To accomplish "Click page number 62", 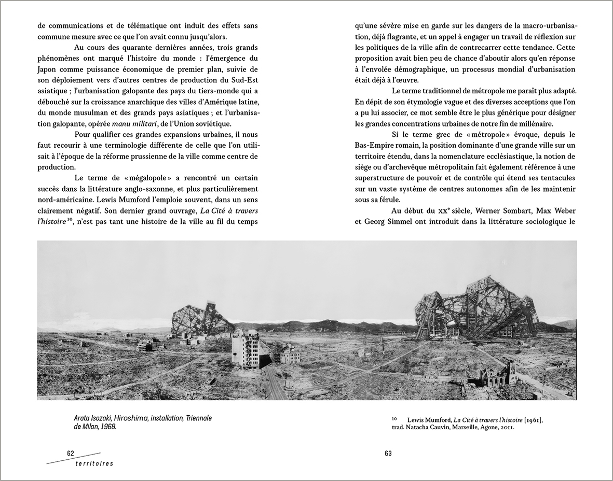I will click(71, 453).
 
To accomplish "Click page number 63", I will click(388, 454).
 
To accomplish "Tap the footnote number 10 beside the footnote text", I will click(394, 418).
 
